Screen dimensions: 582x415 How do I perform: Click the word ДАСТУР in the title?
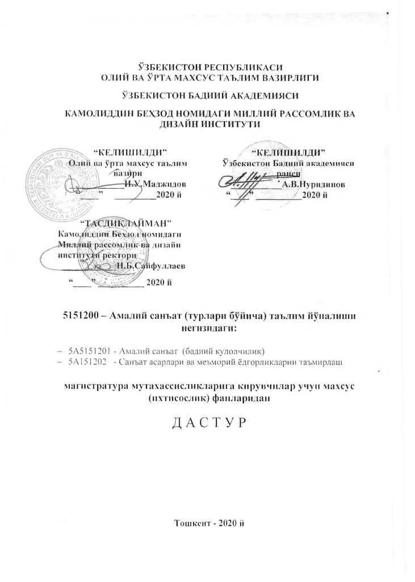click(207, 424)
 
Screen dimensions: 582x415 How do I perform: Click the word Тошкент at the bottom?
click(194, 522)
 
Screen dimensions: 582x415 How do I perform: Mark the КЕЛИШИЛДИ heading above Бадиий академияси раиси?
click(290, 152)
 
